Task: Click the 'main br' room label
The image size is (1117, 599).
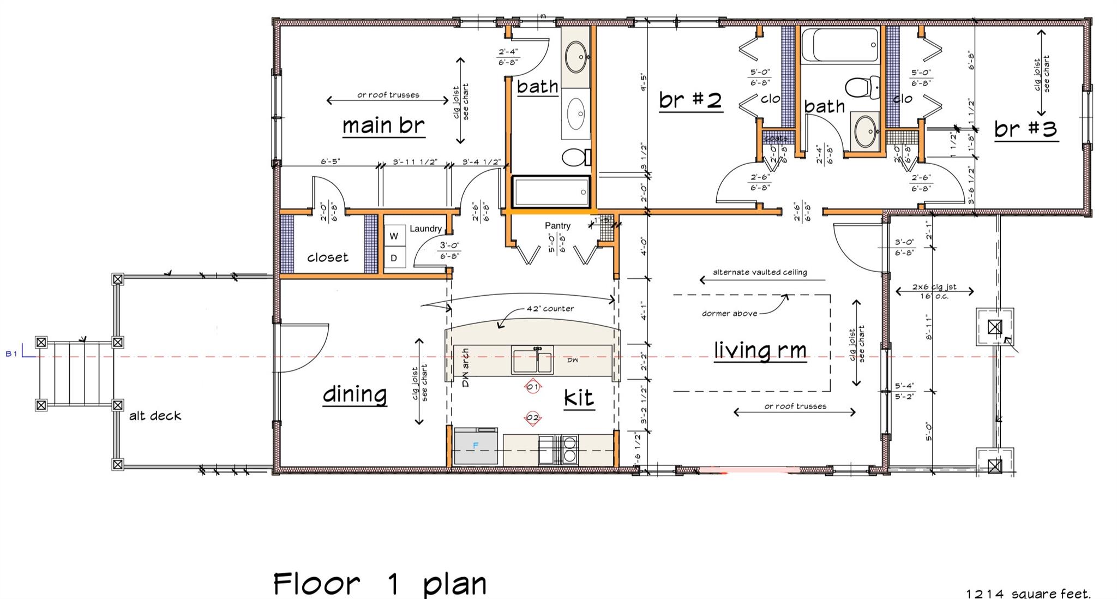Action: [383, 125]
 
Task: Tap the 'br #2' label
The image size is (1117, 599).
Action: [690, 100]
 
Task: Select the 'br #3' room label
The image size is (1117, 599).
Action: [1026, 129]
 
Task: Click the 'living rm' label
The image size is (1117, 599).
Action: [760, 350]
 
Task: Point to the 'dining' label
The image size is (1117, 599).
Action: [355, 394]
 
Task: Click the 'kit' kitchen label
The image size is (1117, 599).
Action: [578, 398]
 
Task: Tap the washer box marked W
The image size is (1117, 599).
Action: [394, 236]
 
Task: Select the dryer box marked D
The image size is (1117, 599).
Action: [394, 258]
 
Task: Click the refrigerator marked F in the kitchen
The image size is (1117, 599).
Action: [476, 446]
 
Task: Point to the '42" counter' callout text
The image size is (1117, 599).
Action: [550, 309]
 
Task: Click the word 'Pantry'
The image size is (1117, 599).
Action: [557, 226]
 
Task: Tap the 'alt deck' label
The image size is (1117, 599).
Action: [155, 416]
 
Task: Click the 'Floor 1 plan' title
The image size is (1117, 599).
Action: [380, 583]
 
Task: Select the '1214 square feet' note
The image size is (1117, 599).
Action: [1028, 594]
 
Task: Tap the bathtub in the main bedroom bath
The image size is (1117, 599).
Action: [551, 191]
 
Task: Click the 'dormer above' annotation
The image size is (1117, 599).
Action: [729, 314]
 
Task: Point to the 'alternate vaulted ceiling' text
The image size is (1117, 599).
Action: [760, 272]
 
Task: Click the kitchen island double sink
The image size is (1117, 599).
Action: [532, 360]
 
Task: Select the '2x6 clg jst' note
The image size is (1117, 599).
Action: [934, 287]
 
